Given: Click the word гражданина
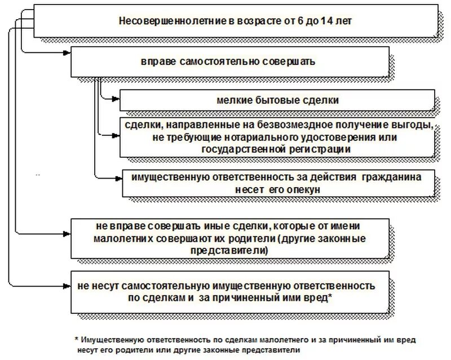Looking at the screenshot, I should point(389,177).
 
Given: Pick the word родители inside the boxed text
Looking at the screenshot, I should point(250,239).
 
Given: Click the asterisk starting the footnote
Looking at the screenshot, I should point(76,340).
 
